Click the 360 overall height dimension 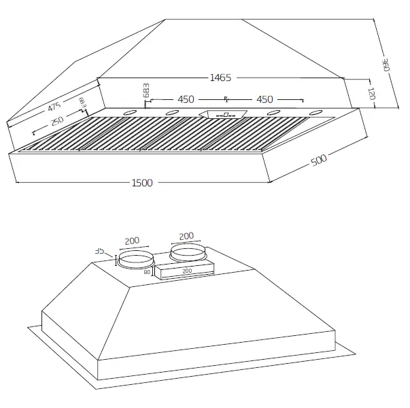point(385,66)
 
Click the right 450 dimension point(264,100)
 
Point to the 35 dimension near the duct point(100,251)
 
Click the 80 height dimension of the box point(147,272)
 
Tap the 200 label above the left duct point(133,241)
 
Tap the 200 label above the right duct point(186,236)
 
